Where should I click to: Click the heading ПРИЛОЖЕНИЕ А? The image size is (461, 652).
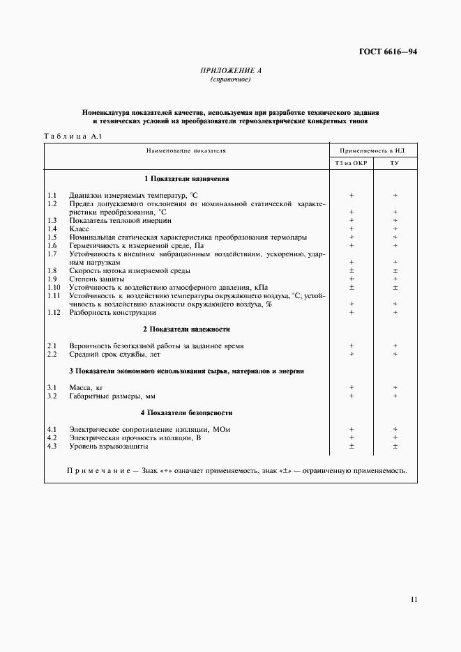(230, 70)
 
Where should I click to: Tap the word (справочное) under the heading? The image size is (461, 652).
(230, 79)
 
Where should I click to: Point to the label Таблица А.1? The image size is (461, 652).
(73, 136)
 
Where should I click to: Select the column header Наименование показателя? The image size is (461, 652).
(186, 150)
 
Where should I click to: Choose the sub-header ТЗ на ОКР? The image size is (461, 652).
(352, 163)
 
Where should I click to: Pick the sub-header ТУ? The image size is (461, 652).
(395, 163)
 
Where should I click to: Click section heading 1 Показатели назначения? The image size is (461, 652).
(186, 179)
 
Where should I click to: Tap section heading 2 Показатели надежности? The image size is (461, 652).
(186, 329)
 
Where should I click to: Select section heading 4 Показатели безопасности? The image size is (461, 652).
(186, 413)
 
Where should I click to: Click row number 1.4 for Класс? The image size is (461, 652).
(52, 228)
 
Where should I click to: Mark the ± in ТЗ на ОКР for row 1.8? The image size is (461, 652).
(352, 270)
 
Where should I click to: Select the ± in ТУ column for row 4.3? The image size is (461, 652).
(395, 447)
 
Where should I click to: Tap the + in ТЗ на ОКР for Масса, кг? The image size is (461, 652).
(352, 387)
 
